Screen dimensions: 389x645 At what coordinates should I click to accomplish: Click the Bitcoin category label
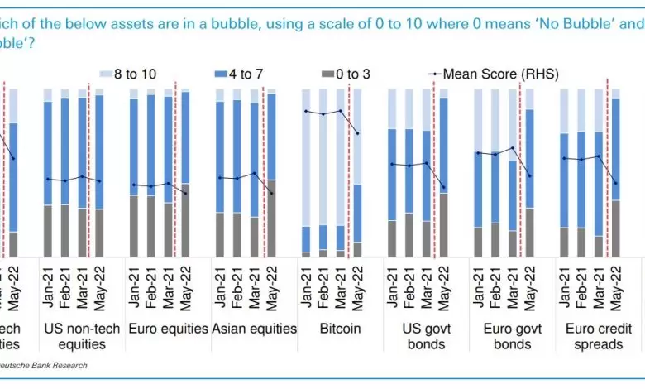(341, 329)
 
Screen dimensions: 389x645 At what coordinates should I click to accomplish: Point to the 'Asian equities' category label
(254, 329)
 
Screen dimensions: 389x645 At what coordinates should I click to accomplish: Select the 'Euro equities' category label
(169, 329)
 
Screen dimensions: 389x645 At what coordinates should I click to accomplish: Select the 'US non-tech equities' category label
(82, 336)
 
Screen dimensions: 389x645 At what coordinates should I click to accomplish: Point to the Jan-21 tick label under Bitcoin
(306, 286)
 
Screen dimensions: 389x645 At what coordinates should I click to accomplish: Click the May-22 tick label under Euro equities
(185, 286)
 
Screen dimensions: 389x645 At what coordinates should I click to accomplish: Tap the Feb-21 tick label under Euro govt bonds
(494, 286)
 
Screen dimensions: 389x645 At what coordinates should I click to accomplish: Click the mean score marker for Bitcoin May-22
(358, 133)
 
